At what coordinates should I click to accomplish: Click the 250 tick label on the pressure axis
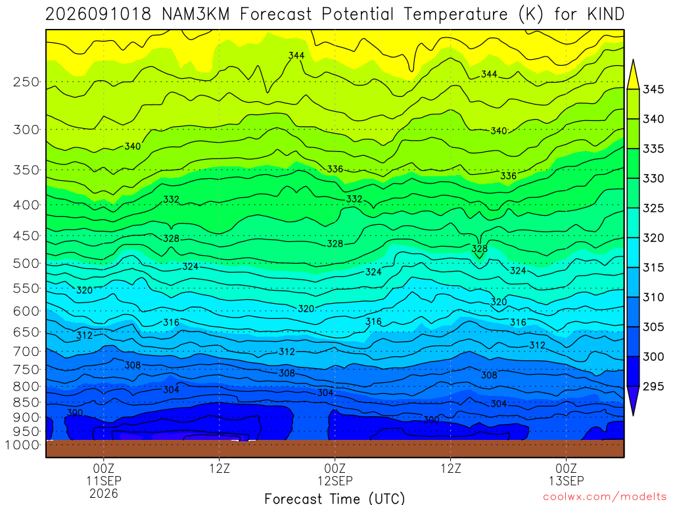coord(26,82)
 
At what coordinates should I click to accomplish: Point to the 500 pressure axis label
coord(26,263)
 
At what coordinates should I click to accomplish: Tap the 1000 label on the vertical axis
coord(22,445)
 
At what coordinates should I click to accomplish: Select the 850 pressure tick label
coord(26,402)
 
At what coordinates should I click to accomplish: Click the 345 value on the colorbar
coord(653,89)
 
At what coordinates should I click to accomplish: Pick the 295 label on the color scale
coord(653,386)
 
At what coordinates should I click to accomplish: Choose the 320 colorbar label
coord(653,238)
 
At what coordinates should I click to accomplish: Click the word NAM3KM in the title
coord(196,14)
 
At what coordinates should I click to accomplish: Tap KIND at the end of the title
coord(605,14)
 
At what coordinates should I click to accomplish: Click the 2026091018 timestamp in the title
coord(99,14)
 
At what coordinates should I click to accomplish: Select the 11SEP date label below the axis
coord(104,481)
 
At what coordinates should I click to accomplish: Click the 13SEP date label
coord(566,481)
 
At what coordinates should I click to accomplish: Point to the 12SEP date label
coord(335,481)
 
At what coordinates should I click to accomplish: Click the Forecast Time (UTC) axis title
coord(335,498)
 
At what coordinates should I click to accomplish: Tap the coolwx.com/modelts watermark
coord(605,497)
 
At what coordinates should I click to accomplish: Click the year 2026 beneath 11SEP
coord(104,493)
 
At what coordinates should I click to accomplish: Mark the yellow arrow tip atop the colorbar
coord(633,60)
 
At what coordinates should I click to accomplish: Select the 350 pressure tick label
coord(26,170)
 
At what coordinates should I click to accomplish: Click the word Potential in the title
coord(358,14)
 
